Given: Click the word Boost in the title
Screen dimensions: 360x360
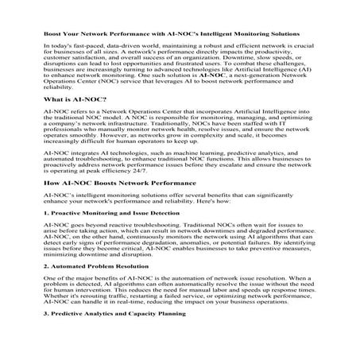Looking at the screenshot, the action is (52, 34).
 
